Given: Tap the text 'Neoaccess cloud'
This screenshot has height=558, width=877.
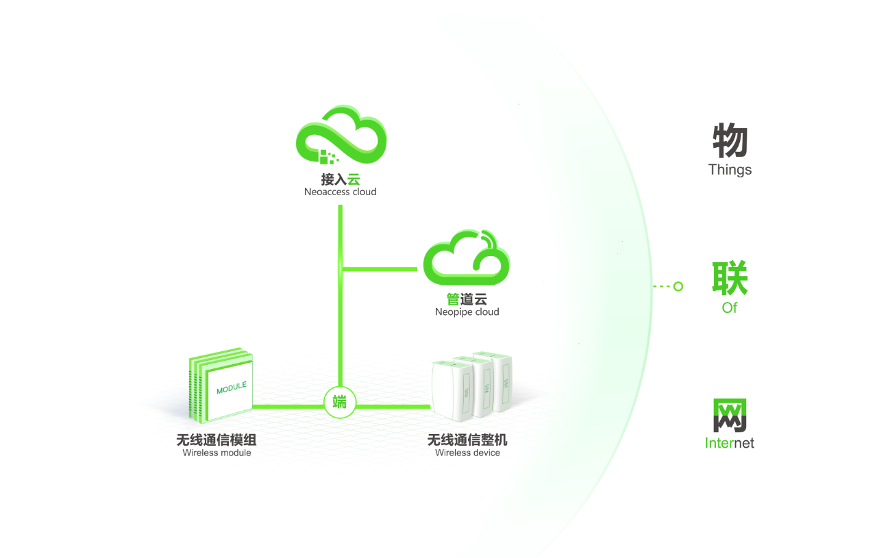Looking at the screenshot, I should tap(341, 192).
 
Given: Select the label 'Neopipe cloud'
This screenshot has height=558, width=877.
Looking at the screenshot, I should tap(467, 312).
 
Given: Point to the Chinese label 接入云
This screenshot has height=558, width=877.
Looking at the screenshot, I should tap(341, 179).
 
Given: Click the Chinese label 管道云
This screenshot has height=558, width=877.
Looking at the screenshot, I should tap(467, 299).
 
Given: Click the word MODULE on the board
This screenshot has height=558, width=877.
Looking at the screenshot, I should tap(231, 388).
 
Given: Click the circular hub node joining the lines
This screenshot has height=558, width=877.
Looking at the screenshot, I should tap(340, 402).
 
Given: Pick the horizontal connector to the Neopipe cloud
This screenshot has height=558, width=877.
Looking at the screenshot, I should tap(381, 269).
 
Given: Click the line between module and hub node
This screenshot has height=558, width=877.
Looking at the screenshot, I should tap(288, 406).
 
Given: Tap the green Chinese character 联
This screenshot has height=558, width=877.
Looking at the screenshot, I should tap(730, 278).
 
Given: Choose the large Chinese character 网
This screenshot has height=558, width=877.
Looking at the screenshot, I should tap(730, 415).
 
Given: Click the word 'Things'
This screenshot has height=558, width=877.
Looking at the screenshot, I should tap(730, 170).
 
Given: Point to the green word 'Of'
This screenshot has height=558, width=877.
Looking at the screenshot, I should tap(730, 308).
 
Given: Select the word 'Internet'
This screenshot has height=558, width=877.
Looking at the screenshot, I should tap(730, 443).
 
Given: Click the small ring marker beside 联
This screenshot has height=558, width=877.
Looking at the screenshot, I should tap(678, 286).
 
